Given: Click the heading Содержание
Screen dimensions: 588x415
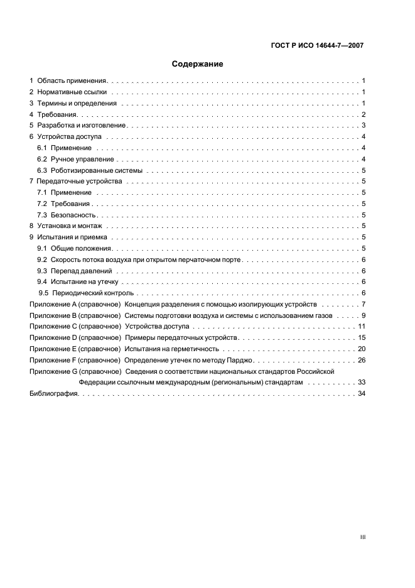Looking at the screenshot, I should [x=198, y=63].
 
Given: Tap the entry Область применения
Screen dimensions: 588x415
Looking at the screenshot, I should [x=72, y=81].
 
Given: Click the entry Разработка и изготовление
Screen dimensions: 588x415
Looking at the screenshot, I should [x=82, y=126].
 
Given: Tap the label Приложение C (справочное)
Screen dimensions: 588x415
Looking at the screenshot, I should [x=75, y=327].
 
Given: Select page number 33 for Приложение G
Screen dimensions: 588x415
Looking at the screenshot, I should [x=361, y=382].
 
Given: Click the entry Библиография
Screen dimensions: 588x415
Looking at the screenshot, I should [x=54, y=393].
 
